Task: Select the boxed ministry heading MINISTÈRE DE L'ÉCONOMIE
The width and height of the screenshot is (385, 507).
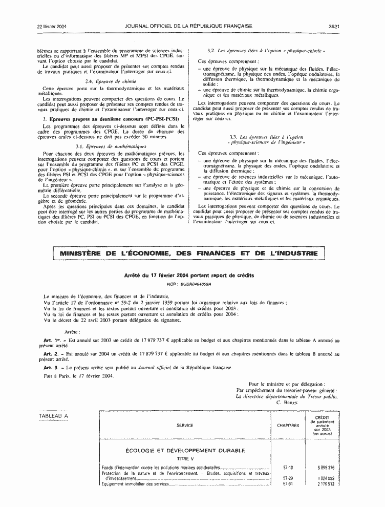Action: (189, 253)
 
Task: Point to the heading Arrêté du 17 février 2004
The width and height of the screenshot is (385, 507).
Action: (189, 276)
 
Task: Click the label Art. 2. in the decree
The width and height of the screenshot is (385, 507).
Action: (53, 354)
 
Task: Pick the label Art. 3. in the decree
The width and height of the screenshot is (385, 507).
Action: (53, 367)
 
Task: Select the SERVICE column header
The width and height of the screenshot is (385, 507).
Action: (185, 425)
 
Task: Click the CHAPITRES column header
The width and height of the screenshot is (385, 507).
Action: (288, 425)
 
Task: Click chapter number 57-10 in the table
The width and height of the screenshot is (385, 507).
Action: (288, 467)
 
